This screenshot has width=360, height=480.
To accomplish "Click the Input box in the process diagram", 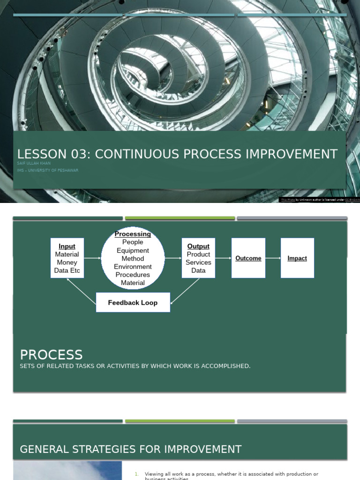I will coord(67,258).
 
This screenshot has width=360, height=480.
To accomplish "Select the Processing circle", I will coord(133,258).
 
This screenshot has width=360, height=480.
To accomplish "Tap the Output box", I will coord(198,258).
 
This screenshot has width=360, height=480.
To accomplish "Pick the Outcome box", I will coord(248,258).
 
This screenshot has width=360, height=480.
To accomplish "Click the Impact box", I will coord(297,258).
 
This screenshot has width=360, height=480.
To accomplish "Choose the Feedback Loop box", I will coord(133,303).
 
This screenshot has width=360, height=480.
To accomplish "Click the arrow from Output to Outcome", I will coord(223,258).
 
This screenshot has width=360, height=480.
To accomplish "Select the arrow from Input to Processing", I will coord(92,258).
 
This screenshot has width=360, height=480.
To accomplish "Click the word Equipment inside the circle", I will coord(133,250).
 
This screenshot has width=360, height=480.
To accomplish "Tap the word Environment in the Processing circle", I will coord(133,267).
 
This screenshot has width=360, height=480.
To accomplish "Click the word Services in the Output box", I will coord(198,262).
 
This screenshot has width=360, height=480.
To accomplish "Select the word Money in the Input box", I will coord(67,262).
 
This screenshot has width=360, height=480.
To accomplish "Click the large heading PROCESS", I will coord(51,355).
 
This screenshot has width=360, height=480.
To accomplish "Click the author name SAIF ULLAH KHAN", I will coord(34,164).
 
